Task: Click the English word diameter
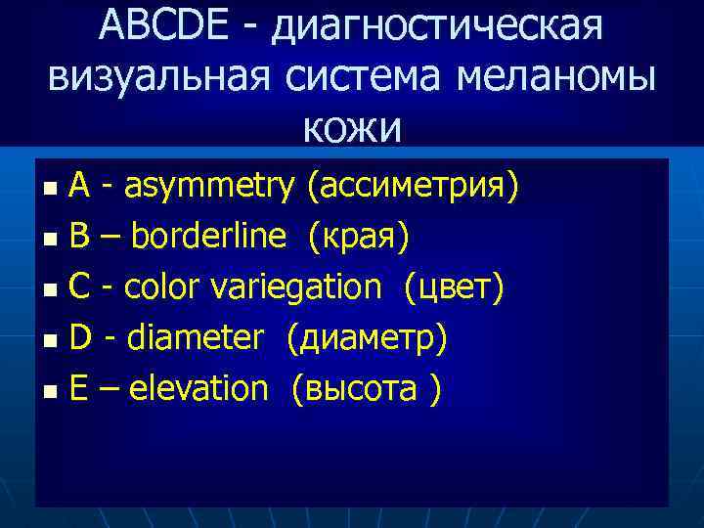tap(196, 337)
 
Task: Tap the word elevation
tap(198, 388)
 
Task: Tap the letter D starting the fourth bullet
tap(81, 337)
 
